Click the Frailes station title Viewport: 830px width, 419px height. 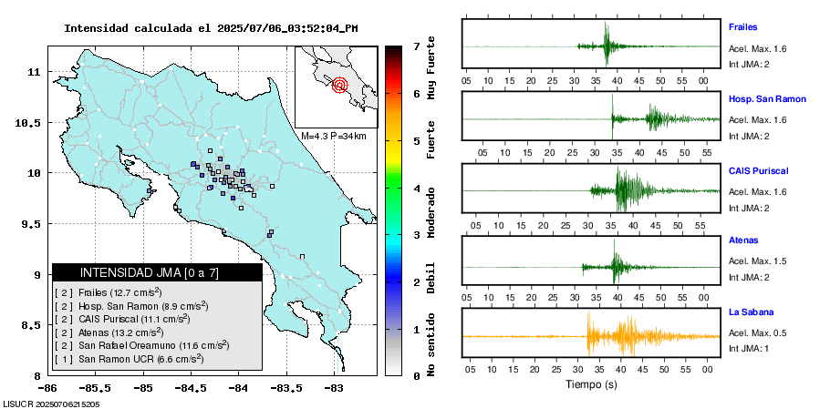click(742, 27)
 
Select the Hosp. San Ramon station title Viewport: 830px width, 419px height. click(767, 98)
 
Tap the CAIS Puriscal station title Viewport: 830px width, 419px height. click(758, 170)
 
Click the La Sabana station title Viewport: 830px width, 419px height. click(750, 312)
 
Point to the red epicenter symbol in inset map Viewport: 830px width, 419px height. click(340, 86)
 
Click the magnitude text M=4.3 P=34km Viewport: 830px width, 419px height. click(334, 136)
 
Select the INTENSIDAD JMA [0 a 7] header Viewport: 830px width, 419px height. click(156, 273)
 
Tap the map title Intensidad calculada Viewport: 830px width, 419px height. click(210, 28)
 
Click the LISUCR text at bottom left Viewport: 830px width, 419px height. click(51, 404)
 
